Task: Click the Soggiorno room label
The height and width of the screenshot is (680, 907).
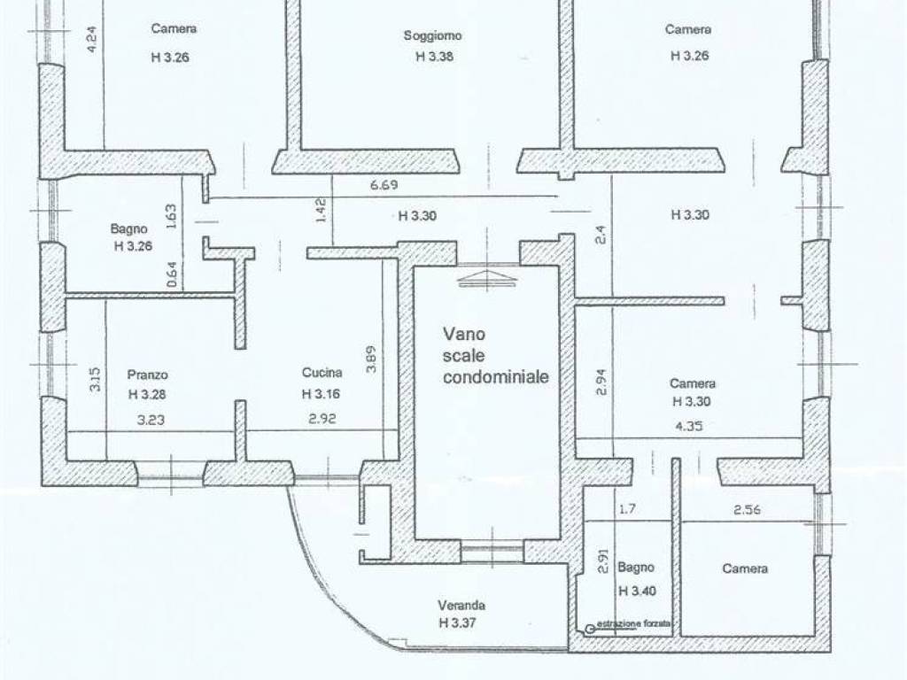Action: (432, 35)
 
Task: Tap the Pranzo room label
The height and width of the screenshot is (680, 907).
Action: (148, 375)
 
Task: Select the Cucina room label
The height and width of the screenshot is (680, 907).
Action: (322, 373)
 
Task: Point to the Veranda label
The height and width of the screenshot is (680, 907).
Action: (461, 606)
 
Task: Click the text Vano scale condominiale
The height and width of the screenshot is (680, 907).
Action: (496, 356)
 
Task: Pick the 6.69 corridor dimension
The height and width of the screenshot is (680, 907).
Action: (384, 186)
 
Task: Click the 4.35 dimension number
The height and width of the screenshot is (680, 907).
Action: (689, 426)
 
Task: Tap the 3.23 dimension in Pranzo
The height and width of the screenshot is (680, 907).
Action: (151, 420)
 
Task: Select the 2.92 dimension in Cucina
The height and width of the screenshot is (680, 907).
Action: (322, 418)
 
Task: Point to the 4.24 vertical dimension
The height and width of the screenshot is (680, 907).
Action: (91, 40)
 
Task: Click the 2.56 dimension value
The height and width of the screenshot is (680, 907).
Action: (747, 510)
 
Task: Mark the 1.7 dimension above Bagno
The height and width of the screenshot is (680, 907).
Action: (627, 509)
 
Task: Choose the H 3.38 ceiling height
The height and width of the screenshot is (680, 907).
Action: (434, 57)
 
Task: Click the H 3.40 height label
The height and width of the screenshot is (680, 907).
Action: (638, 591)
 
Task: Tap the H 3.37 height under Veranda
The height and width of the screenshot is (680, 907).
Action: (458, 622)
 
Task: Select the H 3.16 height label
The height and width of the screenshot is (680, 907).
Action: (321, 394)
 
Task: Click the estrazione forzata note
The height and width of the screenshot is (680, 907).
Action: (633, 624)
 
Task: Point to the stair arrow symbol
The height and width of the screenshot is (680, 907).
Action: (487, 278)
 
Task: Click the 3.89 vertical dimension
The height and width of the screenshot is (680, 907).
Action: (371, 359)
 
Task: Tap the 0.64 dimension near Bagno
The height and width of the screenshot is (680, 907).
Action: (172, 274)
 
